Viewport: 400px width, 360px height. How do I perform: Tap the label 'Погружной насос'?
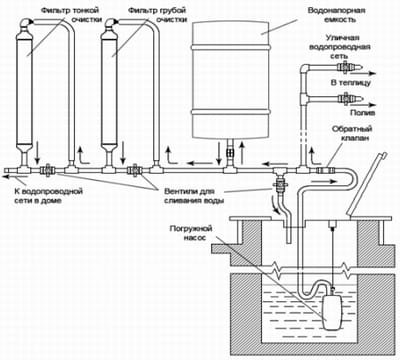pos(191,233)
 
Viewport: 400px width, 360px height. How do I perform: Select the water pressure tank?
pos(230,79)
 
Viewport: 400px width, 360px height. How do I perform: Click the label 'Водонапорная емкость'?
pos(336,15)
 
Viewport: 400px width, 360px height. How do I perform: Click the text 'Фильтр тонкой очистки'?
pos(71,15)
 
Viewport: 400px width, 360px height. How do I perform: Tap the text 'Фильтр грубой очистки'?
pos(157,15)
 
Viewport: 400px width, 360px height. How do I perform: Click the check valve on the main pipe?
pos(326,170)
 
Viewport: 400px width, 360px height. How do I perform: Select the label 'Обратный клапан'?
pos(352,133)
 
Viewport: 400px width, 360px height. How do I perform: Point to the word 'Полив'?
pos(363,113)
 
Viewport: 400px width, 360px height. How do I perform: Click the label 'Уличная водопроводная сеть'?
pos(340,47)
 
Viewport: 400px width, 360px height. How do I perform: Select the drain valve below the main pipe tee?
pos(279,184)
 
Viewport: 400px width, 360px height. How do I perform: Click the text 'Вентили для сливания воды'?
pos(194,196)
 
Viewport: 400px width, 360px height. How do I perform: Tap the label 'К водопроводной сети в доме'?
pos(48,196)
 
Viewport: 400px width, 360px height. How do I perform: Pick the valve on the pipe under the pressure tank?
pos(230,153)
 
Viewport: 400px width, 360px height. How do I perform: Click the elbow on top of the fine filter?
pos(26,23)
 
